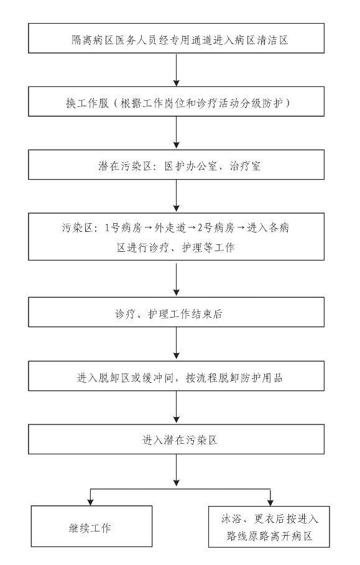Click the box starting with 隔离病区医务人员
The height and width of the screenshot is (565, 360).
176,38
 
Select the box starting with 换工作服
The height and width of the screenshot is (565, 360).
176,101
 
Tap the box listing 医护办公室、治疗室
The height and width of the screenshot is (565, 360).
176,165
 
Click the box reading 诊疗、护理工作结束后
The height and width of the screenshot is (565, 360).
176,312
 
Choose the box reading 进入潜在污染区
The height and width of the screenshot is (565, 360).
176,439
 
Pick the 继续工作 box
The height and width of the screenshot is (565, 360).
91,526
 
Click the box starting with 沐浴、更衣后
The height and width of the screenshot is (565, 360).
269,526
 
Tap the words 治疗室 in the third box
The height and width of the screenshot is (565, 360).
245,166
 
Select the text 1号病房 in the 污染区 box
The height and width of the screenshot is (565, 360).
123,227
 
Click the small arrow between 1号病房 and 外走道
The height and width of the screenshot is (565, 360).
148,227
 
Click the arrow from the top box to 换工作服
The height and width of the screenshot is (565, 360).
176,70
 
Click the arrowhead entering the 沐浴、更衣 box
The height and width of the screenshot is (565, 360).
270,502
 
